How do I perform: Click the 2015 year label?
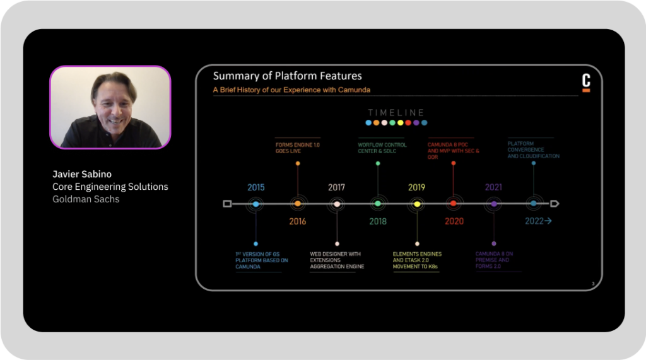pyautogui.click(x=255, y=187)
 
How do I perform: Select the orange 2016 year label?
pyautogui.click(x=297, y=221)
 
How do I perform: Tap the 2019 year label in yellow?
pyautogui.click(x=416, y=187)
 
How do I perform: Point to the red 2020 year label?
pyautogui.click(x=454, y=221)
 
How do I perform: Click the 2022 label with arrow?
pyautogui.click(x=538, y=221)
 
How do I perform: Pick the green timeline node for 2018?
pyautogui.click(x=377, y=204)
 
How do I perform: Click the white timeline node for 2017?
pyautogui.click(x=337, y=204)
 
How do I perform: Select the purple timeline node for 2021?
pyautogui.click(x=493, y=204)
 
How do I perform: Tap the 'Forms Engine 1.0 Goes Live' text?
pyautogui.click(x=297, y=148)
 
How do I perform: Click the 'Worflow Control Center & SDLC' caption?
pyautogui.click(x=382, y=148)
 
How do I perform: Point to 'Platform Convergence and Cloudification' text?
pyautogui.click(x=533, y=149)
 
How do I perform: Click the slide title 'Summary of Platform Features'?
pyautogui.click(x=287, y=76)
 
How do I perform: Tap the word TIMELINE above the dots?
pyautogui.click(x=396, y=113)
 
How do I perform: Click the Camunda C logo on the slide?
pyautogui.click(x=585, y=82)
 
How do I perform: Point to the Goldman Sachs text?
pyautogui.click(x=86, y=199)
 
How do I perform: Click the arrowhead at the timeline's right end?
pyautogui.click(x=555, y=204)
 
